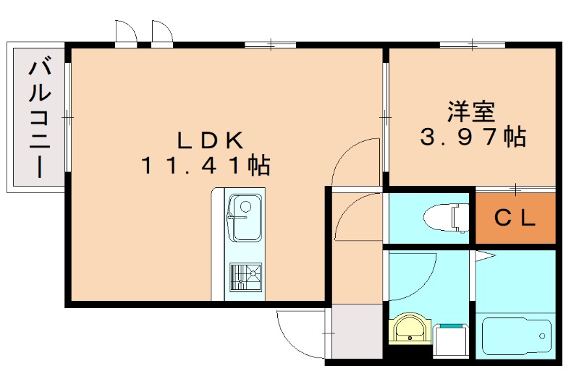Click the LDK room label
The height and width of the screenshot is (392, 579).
210,140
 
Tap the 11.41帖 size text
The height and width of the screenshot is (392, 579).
206,166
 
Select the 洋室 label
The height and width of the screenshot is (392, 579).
472,112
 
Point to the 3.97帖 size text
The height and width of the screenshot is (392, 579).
473,137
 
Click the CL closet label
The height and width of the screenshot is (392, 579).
515,218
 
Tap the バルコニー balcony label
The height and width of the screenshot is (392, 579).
40,119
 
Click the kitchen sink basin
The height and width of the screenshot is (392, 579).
245,218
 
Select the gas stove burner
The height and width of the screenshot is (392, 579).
246,277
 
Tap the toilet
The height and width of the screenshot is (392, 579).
447,218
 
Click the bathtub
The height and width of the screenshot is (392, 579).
516,336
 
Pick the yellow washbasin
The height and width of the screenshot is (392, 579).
410,328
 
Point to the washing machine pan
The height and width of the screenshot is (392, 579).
450,341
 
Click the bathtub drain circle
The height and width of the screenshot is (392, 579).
542,336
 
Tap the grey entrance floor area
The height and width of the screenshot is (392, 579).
357,331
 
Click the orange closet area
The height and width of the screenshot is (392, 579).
515,218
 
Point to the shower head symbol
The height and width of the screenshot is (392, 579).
484,256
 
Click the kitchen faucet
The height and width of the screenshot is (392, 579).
237,217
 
